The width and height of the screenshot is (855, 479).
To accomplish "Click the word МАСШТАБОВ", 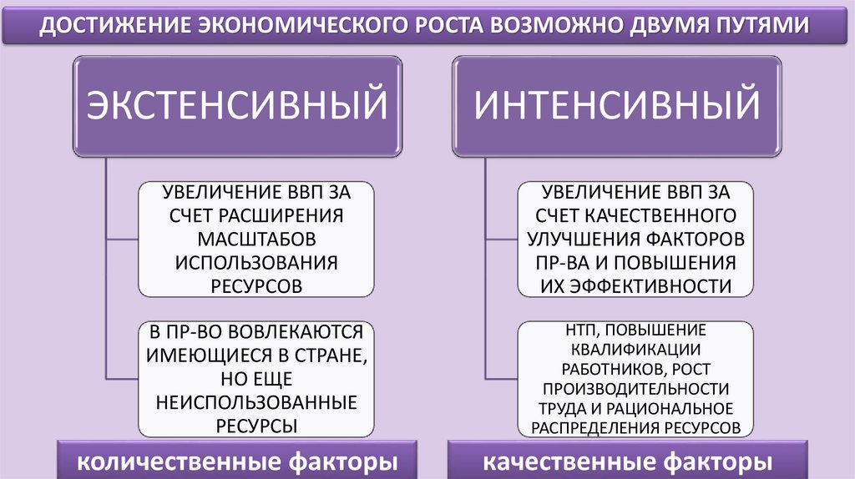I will [256, 239].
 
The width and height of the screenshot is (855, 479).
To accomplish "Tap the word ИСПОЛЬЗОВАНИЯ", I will [256, 262].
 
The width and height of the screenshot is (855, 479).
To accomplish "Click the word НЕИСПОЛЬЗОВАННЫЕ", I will [256, 402].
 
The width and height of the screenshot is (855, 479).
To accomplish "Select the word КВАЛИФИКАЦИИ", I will [636, 350].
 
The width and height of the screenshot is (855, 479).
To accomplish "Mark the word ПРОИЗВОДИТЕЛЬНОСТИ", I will [636, 389].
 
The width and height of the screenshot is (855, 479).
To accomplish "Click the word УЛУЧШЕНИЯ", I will [582, 239].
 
